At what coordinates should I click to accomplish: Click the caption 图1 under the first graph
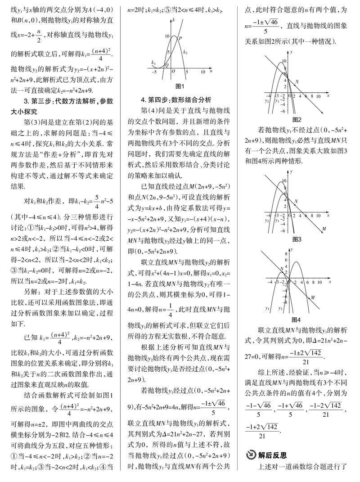(180, 86)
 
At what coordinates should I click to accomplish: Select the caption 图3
(297, 239)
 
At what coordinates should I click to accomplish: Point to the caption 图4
(297, 320)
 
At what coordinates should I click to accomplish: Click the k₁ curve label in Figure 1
(153, 62)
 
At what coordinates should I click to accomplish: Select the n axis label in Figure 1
(202, 71)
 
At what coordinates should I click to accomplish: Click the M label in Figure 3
(324, 229)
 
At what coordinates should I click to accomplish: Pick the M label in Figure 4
(313, 297)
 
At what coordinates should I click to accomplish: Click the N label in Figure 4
(281, 269)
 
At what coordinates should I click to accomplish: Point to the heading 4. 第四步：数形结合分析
(175, 100)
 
